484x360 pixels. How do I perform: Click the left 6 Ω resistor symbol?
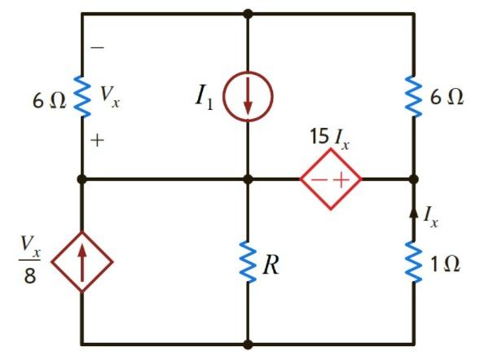[x=82, y=95]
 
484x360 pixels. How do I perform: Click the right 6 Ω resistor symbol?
[x=413, y=95]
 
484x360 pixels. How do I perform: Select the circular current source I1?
[x=248, y=97]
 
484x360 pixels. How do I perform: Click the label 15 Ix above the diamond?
[x=329, y=137]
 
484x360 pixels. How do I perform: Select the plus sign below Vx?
[x=98, y=141]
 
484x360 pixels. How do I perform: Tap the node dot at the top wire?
[x=248, y=14]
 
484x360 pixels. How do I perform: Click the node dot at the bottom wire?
[x=248, y=345]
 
